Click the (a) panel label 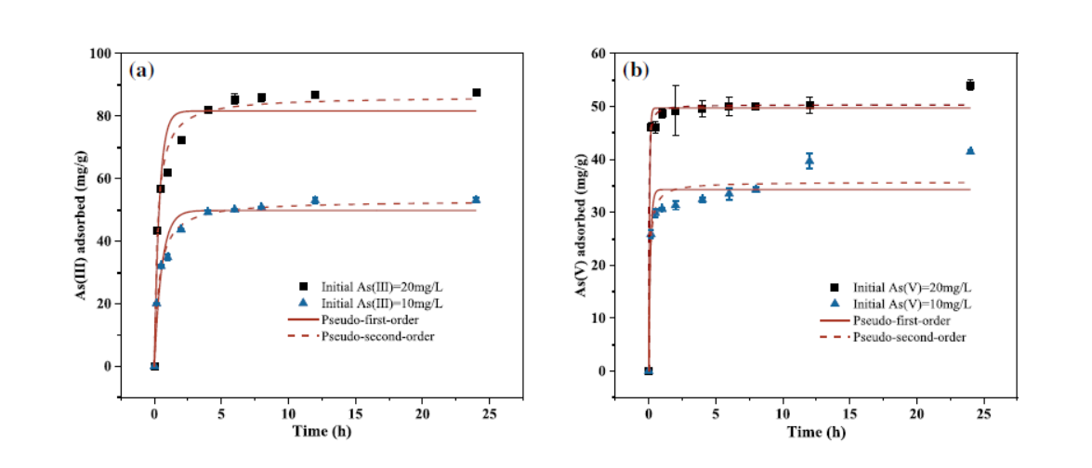point(141,71)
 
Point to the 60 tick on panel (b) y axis point(599,53)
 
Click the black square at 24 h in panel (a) point(476,93)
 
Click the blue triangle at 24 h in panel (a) point(476,200)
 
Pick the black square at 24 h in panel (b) point(969,85)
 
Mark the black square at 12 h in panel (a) point(315,95)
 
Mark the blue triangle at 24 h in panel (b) point(969,150)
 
